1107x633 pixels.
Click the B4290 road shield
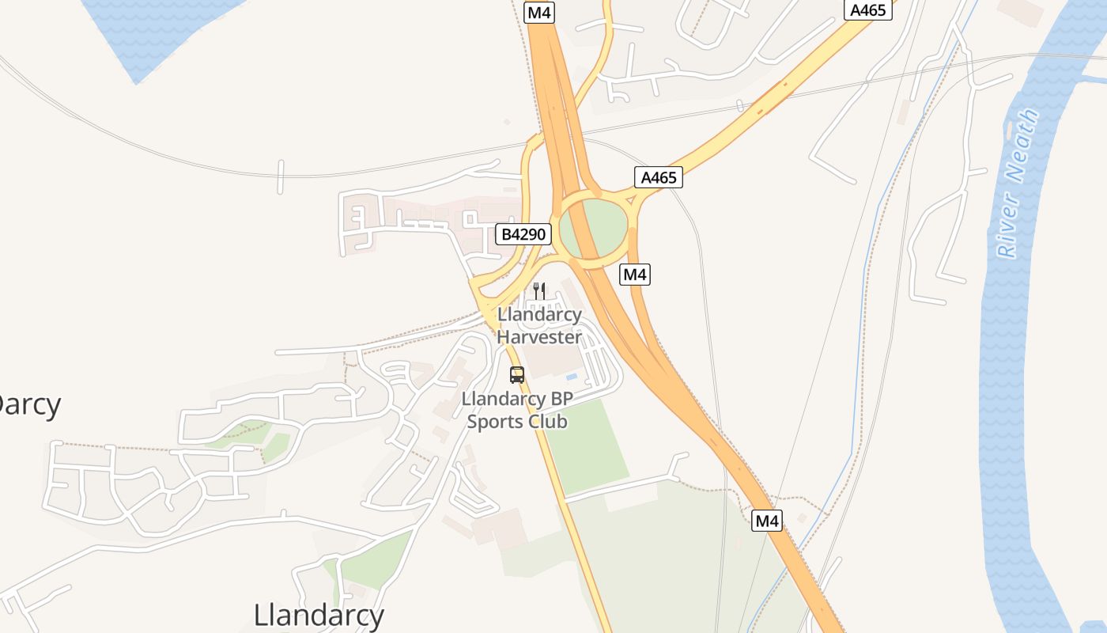coord(523,234)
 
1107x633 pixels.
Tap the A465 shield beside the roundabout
coord(659,177)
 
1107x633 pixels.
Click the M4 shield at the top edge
coord(539,13)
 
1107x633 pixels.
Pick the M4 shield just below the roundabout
coord(635,275)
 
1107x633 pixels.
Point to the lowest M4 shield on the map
coord(767,521)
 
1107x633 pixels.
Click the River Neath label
coord(1018,184)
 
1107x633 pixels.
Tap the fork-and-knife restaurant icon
coord(539,290)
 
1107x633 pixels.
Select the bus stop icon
coord(517,375)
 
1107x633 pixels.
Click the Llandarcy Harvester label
coord(539,325)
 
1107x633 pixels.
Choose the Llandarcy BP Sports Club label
coord(517,410)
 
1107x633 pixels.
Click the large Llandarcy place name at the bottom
coord(319,615)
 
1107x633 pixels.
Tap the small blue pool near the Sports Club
coord(572,377)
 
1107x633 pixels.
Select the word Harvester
coord(539,336)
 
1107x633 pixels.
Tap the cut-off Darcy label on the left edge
coord(28,404)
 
